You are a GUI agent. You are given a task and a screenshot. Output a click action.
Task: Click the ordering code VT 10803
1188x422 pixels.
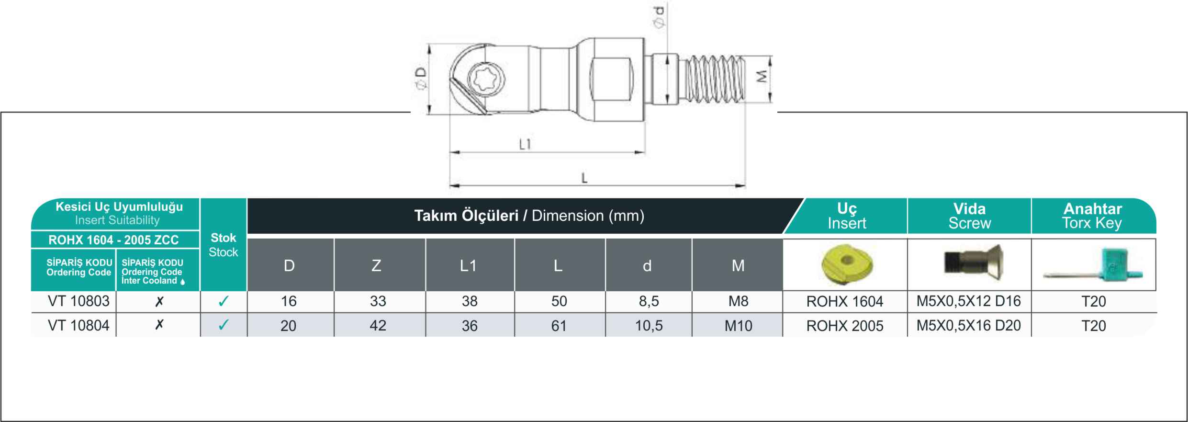[78, 301]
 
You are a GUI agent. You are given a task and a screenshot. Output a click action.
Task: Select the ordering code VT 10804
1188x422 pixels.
[78, 326]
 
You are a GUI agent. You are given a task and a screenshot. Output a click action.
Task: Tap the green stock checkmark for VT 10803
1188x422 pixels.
[224, 301]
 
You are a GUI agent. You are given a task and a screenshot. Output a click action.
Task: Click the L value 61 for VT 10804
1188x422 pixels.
[559, 326]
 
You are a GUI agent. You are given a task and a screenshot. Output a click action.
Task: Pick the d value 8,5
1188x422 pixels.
[649, 301]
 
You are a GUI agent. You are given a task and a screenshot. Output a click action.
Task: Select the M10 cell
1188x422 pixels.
[738, 326]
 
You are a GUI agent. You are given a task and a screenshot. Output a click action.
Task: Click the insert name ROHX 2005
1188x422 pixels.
[845, 326]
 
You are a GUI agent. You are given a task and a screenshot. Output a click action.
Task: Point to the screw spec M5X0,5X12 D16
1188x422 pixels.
[969, 301]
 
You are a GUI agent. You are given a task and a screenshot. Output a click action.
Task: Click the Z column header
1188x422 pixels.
[377, 265]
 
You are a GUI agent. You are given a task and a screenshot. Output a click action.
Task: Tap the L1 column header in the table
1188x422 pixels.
[468, 265]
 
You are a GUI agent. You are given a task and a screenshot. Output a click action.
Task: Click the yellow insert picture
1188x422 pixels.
[846, 264]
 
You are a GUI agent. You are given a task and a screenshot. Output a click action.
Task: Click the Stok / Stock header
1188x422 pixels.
[224, 245]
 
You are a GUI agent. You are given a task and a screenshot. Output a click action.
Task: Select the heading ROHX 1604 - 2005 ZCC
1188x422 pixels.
[113, 240]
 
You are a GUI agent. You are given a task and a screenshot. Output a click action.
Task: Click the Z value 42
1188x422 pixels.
[378, 326]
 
